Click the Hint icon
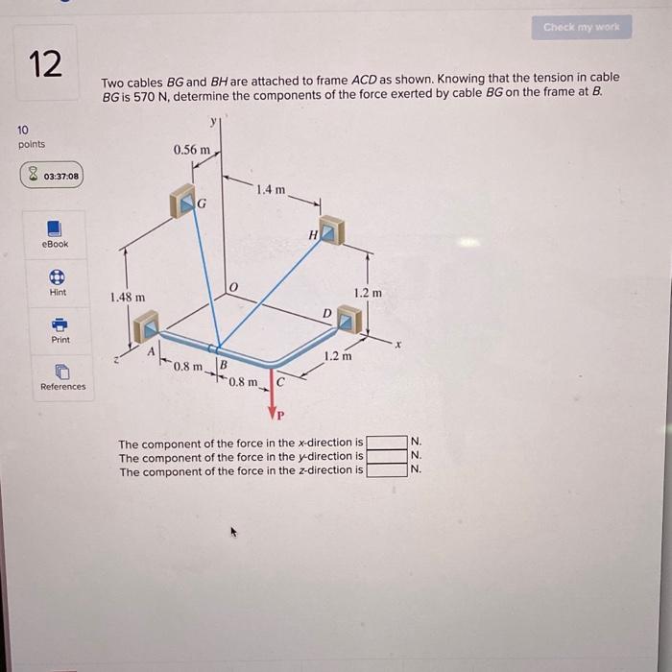pos(57,276)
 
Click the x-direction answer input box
pos(386,443)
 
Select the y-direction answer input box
pos(386,456)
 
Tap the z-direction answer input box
pos(386,470)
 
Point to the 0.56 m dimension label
pos(191,150)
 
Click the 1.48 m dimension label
pos(128,298)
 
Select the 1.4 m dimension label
pos(272,190)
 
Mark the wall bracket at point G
pos(182,202)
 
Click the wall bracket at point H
pos(330,230)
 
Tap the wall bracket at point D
pos(350,319)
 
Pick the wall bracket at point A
pos(146,328)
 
